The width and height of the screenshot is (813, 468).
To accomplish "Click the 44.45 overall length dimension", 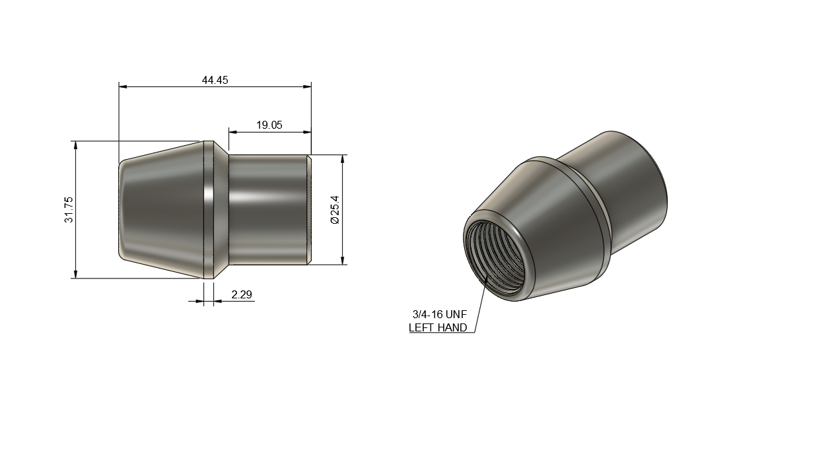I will point(215,80).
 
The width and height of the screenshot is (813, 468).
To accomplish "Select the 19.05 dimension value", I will point(269,125).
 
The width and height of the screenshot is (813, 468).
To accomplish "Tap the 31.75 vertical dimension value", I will point(69,209).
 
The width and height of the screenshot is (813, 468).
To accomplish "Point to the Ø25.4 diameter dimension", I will point(335,209).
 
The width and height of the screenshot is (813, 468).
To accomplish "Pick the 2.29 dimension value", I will point(242,295).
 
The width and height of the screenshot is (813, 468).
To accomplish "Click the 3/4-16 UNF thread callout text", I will point(439,315).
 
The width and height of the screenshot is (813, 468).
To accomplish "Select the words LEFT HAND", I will point(438,327).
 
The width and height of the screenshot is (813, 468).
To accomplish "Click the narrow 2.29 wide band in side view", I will point(208,209).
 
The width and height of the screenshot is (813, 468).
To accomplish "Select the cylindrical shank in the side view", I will point(267,209).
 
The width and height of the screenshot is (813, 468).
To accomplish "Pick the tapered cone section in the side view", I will point(162,209).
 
